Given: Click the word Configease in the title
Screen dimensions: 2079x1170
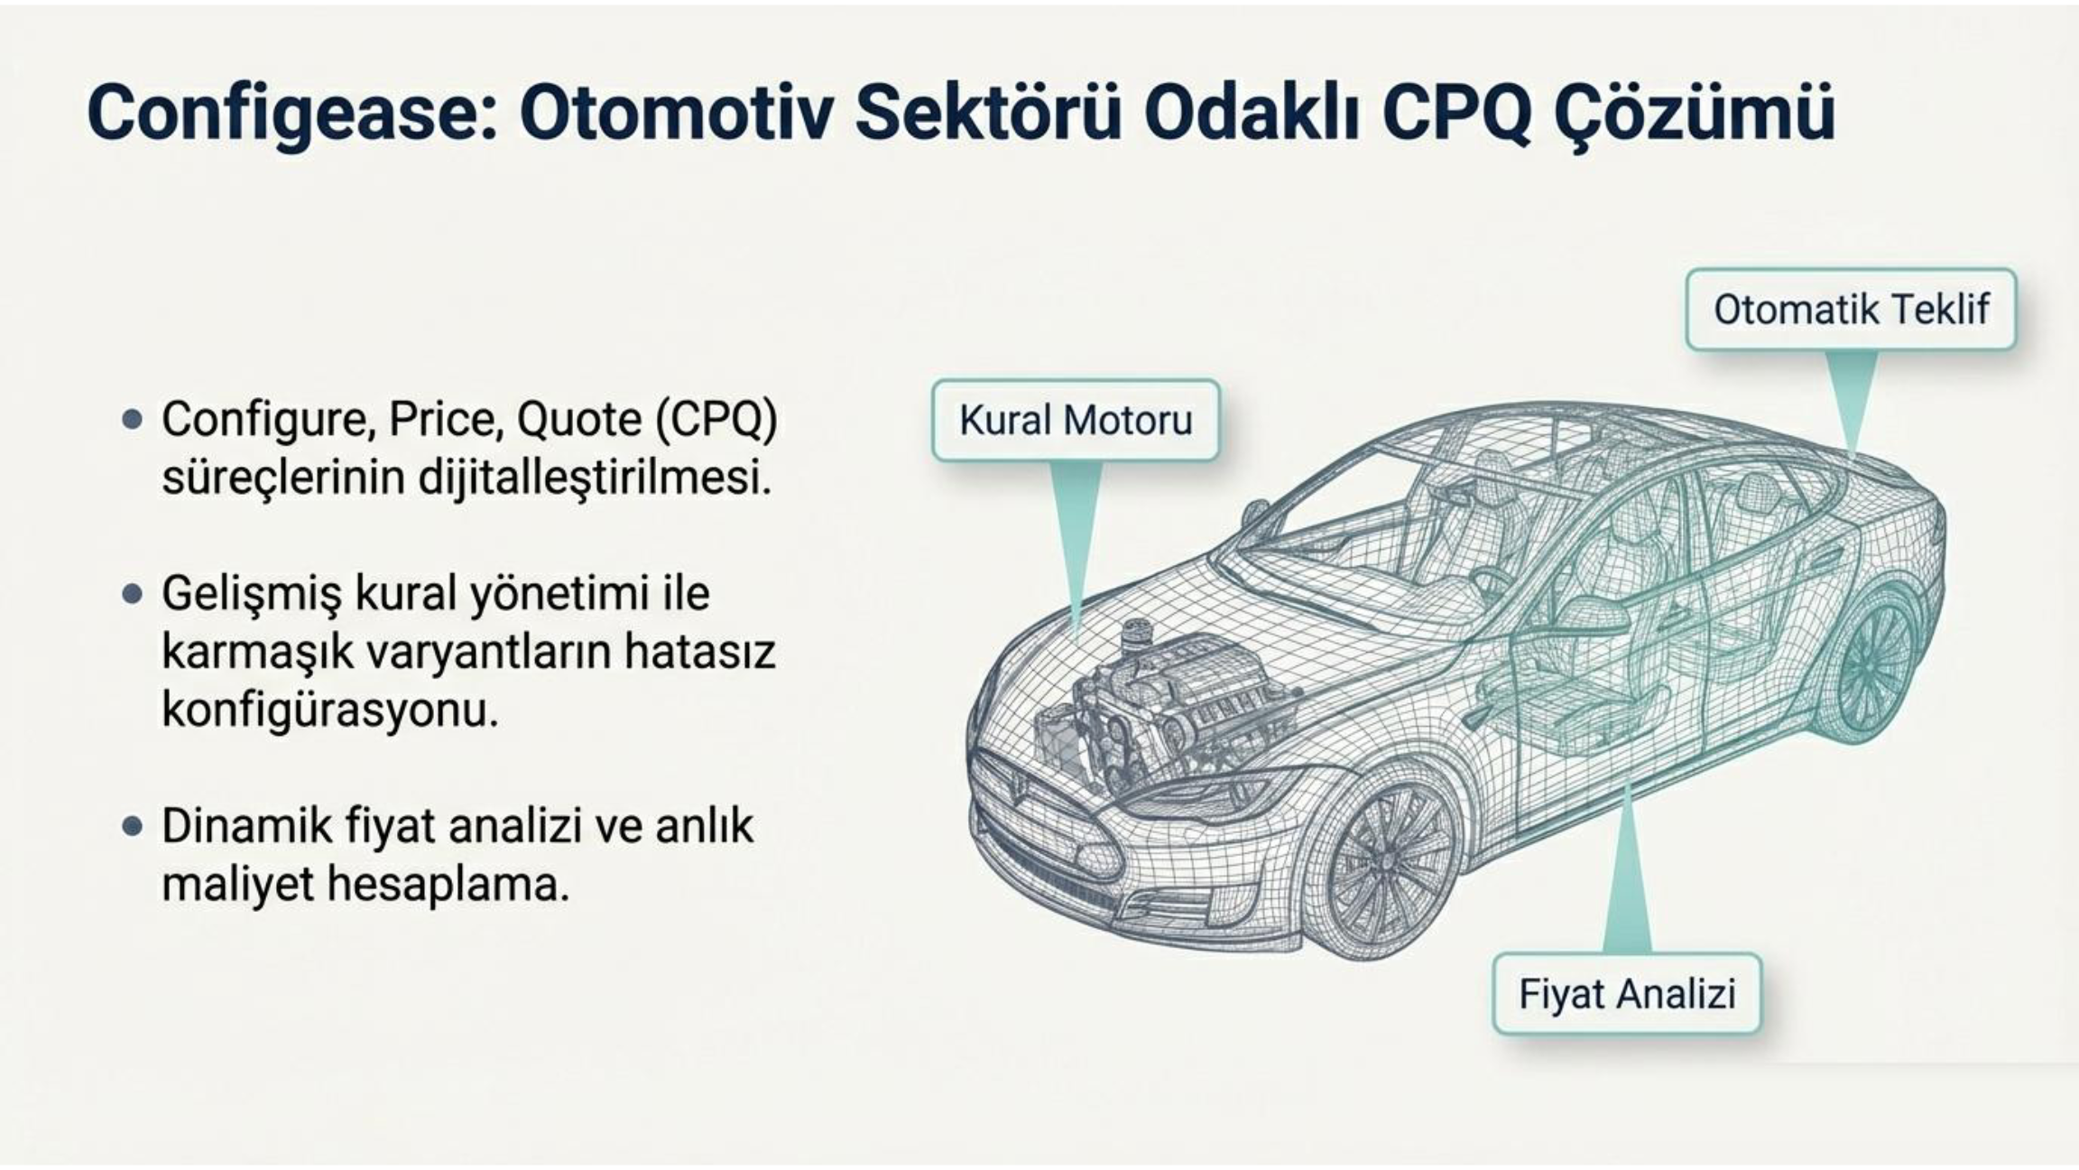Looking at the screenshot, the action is point(291,113).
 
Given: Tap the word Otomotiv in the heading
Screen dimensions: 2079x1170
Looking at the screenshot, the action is point(675,112).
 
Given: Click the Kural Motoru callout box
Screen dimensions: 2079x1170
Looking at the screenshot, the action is point(1076,421).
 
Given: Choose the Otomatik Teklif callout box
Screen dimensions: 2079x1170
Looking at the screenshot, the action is point(1851,310).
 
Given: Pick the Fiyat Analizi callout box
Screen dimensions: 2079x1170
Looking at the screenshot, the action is point(1627,993).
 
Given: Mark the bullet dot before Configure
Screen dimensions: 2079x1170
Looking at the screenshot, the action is point(133,420).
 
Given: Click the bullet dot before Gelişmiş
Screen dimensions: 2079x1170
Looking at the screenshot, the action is point(133,594).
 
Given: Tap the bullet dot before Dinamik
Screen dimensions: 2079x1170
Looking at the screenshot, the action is point(133,827).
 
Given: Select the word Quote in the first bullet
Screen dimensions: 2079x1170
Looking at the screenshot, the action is point(567,421).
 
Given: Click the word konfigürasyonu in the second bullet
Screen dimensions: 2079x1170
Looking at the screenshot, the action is point(329,711).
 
